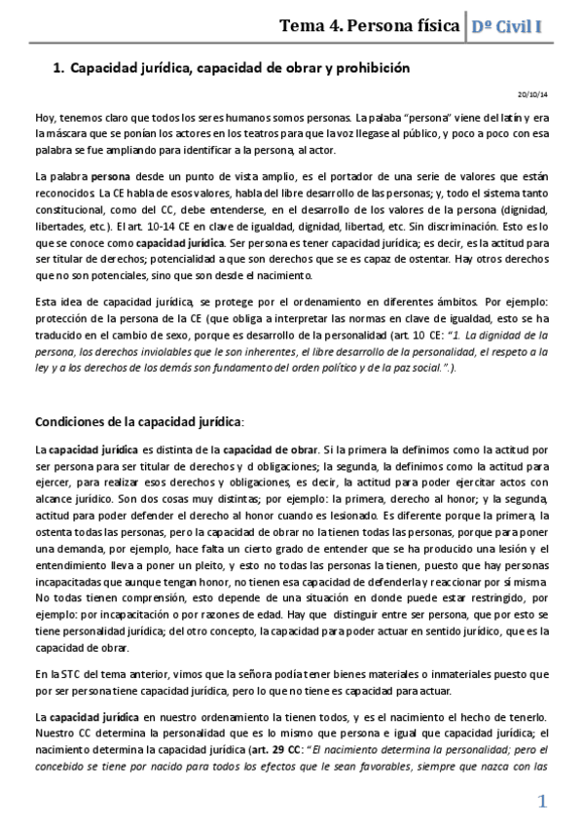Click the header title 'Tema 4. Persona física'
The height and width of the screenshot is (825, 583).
pyautogui.click(x=369, y=26)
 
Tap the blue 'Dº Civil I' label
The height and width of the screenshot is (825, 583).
pyautogui.click(x=506, y=26)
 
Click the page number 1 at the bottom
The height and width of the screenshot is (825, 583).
pyautogui.click(x=543, y=802)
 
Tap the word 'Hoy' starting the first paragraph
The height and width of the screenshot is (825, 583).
pyautogui.click(x=44, y=118)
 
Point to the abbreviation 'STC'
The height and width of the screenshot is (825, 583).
pyautogui.click(x=68, y=673)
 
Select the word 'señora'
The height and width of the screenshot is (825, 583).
pyautogui.click(x=264, y=673)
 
